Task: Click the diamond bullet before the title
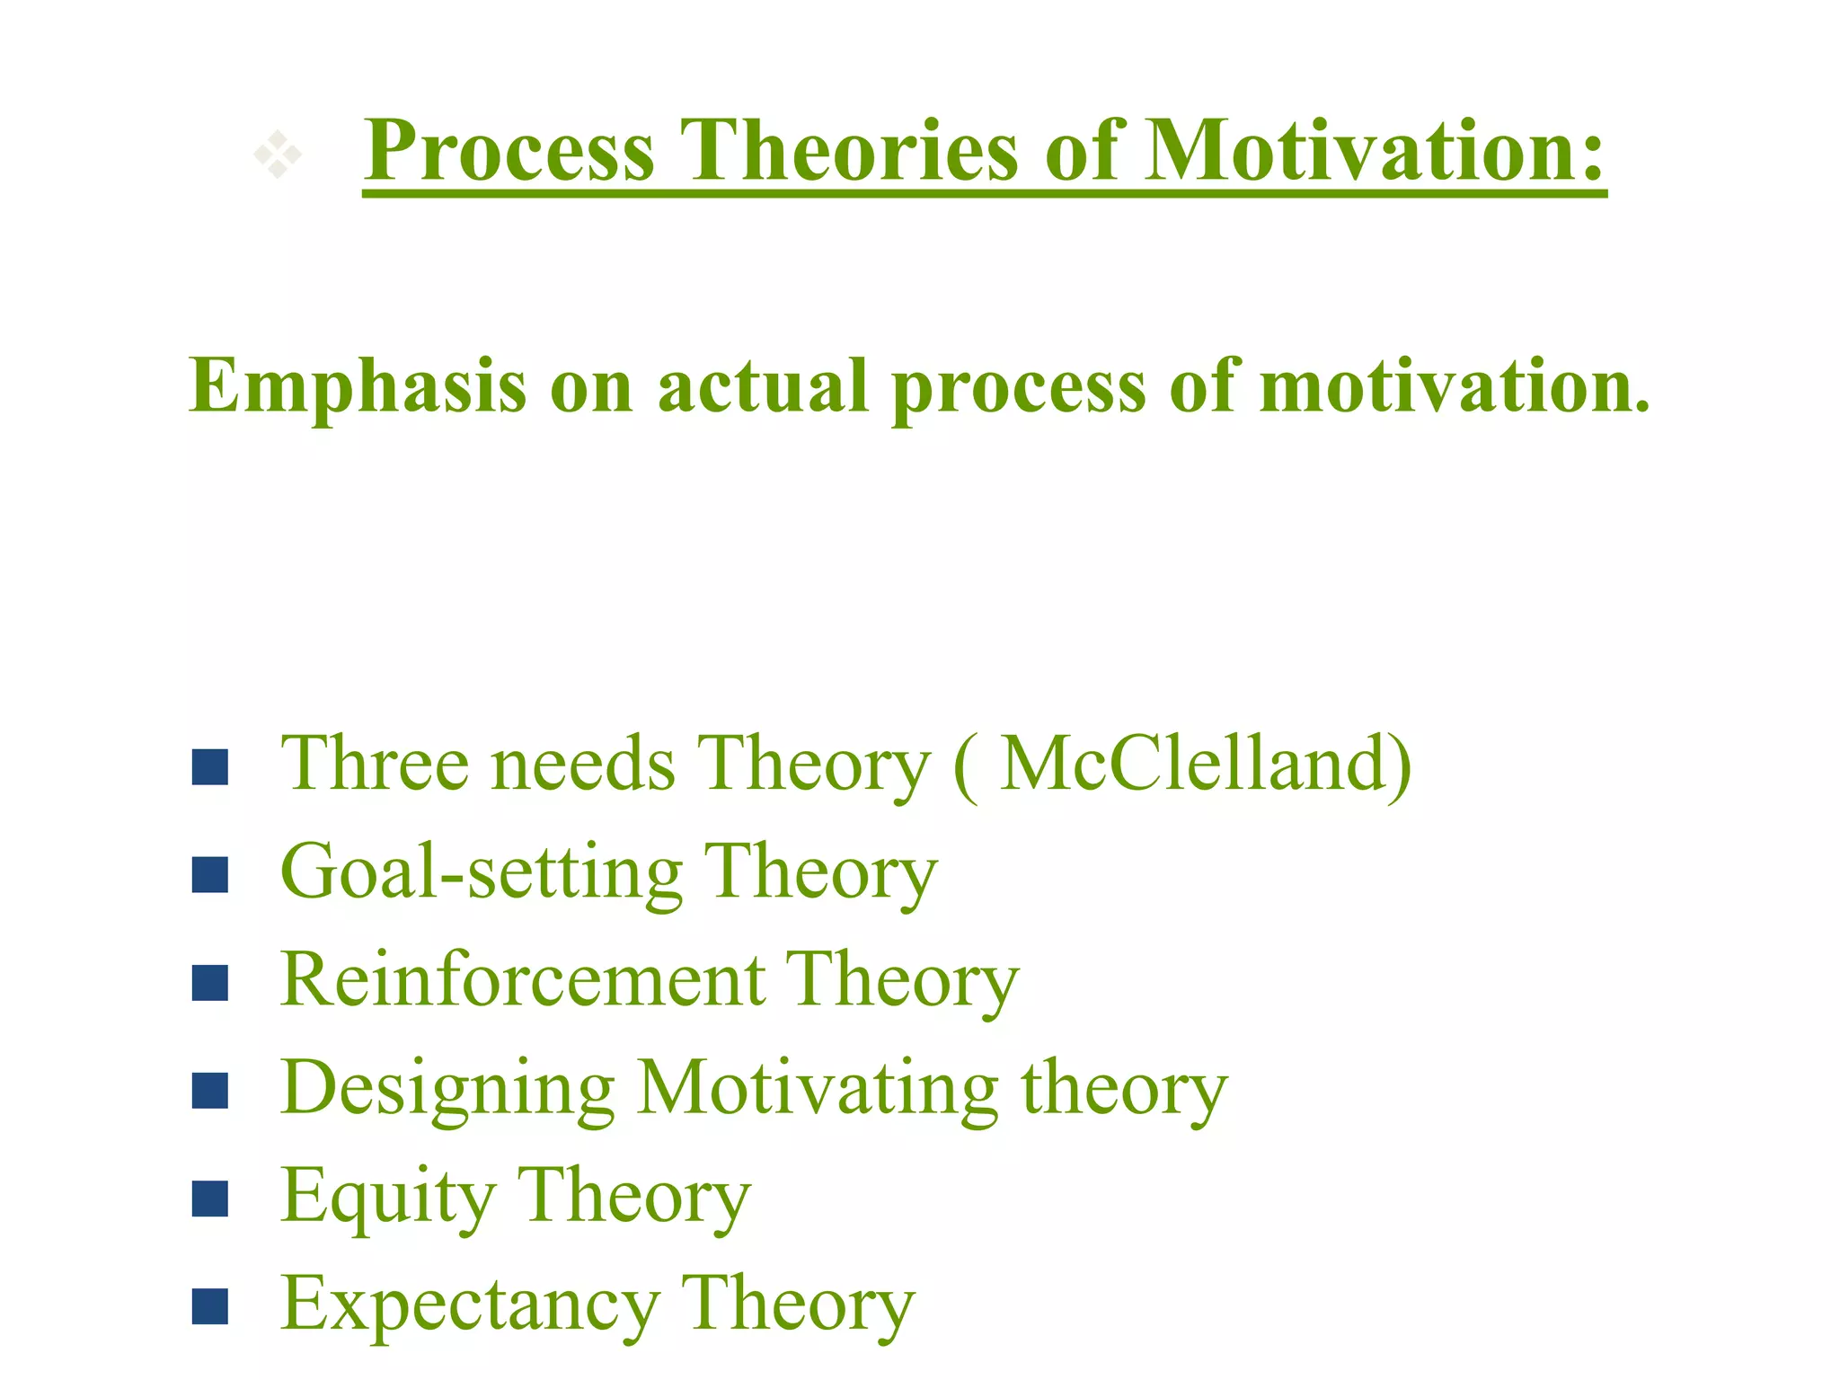(277, 155)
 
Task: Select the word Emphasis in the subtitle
(358, 386)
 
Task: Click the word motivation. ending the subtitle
(1455, 386)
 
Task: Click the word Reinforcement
(522, 980)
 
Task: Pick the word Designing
(447, 1090)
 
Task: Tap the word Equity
(387, 1198)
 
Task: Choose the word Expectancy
(469, 1305)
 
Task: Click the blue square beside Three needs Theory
(210, 767)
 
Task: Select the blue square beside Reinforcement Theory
(210, 983)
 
